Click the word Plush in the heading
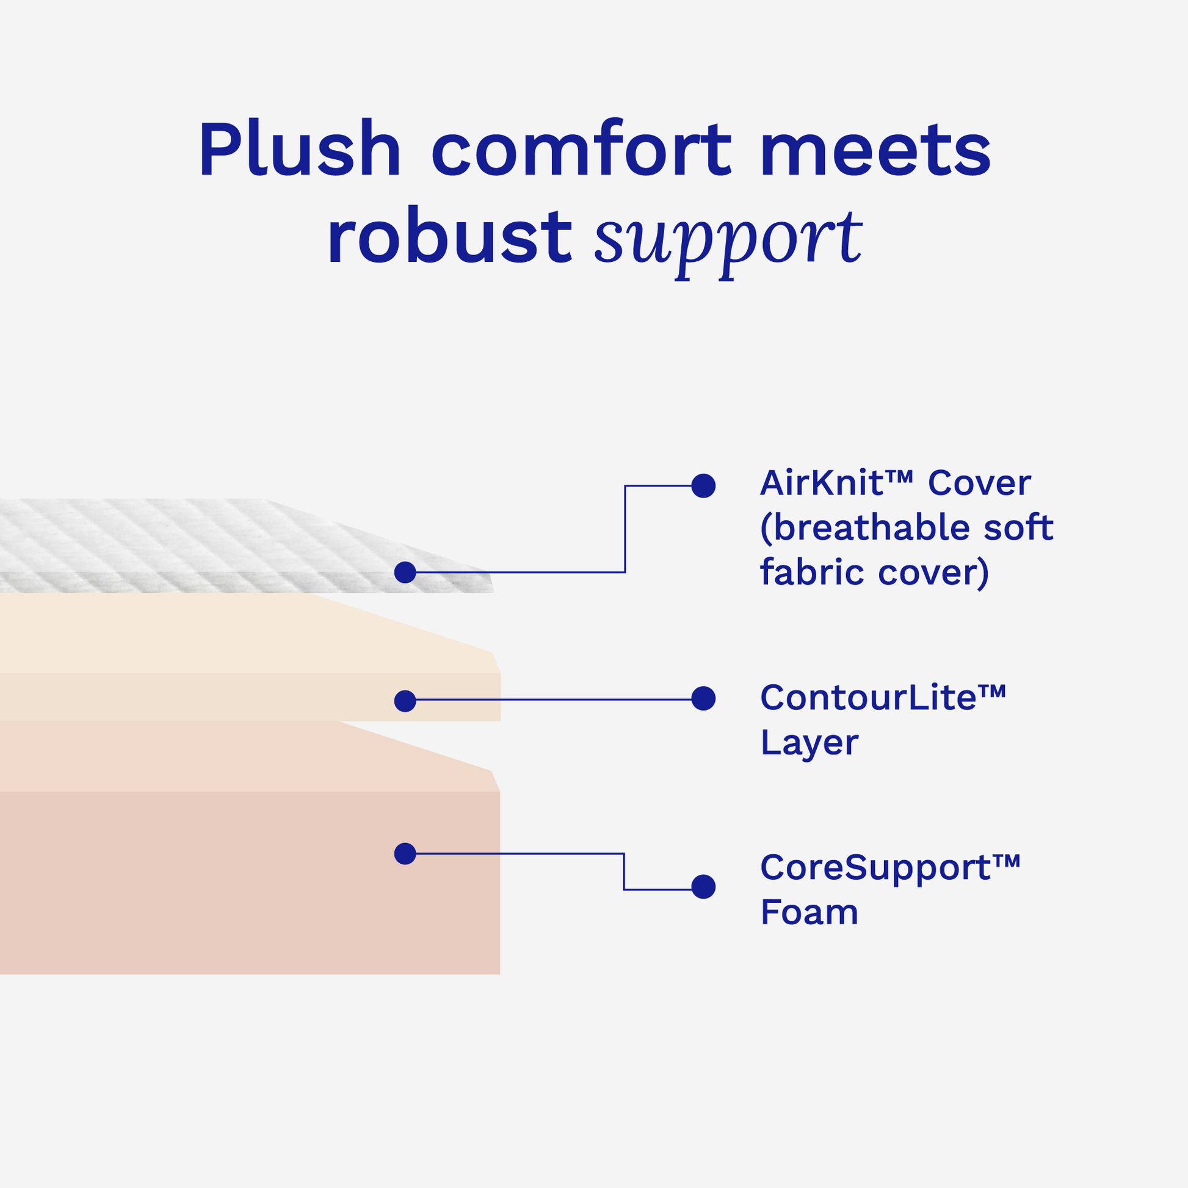coord(300,150)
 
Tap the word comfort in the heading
coord(581,150)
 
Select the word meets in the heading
coord(875,150)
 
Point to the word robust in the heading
coord(449,237)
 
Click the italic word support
coord(728,240)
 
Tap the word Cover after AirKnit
coord(979,483)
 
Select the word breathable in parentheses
coord(870,527)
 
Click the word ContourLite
coord(868,698)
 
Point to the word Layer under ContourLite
coord(810,743)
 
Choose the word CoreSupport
coord(875,868)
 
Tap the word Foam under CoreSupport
coord(810,912)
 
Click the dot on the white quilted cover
coord(405,573)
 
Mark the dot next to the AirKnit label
coord(703,486)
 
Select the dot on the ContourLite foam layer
coord(405,701)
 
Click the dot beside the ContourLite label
coord(703,698)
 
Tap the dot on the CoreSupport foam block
coord(405,853)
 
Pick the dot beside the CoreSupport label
coord(703,886)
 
